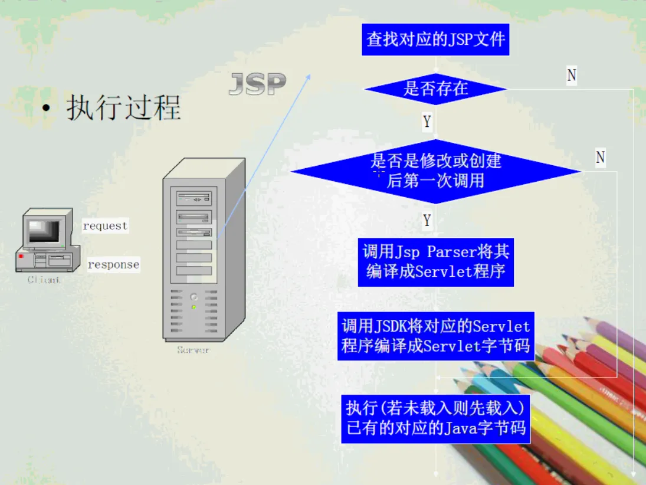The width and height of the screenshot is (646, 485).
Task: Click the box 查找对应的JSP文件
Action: pos(435,40)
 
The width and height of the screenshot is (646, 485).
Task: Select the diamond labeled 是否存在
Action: pos(435,89)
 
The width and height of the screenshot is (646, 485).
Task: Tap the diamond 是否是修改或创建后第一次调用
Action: pos(435,171)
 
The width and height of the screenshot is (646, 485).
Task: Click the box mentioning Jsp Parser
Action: pos(435,262)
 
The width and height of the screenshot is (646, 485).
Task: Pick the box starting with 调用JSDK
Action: pos(435,336)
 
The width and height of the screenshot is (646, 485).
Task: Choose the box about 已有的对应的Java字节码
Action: pos(435,419)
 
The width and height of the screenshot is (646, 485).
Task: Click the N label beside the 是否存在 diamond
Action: pos(571,76)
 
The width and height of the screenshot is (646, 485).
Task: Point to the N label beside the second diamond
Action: pos(600,158)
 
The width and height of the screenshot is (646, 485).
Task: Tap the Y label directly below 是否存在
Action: pos(427,122)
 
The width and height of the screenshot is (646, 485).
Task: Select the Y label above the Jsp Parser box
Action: pos(427,221)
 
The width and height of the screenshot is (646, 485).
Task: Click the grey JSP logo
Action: pos(257,84)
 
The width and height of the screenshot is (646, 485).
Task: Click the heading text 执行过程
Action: pos(123,108)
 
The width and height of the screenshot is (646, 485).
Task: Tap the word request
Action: pos(105,226)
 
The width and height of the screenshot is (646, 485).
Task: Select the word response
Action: pos(113,265)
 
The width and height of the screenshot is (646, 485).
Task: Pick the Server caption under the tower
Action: pos(193,350)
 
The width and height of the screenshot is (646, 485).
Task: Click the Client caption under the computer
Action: pos(44,280)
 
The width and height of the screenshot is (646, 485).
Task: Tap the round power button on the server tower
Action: pos(194,297)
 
